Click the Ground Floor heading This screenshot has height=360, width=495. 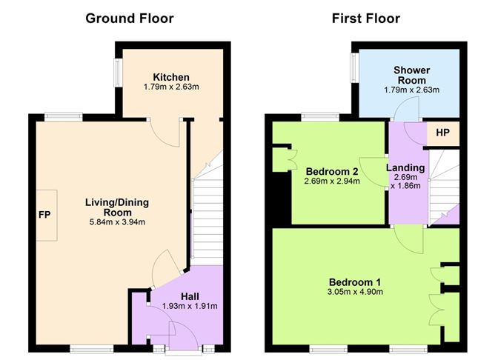[130, 18]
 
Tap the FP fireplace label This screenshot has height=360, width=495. [44, 215]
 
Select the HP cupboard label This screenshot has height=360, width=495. [442, 133]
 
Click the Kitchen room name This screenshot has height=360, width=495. [171, 77]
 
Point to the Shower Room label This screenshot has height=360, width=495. [411, 75]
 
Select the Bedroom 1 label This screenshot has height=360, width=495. [354, 282]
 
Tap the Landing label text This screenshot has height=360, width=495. [405, 167]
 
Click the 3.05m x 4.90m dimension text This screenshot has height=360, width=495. [354, 293]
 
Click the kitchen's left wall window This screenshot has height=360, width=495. [116, 75]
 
